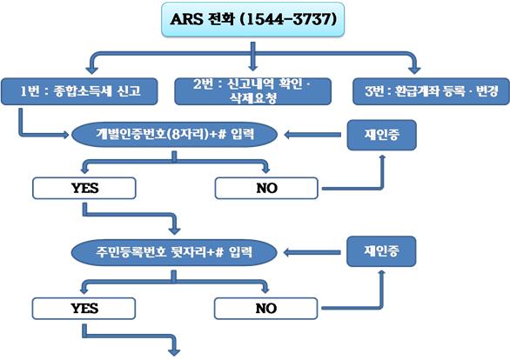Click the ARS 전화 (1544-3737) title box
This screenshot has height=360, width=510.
pos(252,19)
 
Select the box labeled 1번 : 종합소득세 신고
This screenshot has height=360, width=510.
pos(79,91)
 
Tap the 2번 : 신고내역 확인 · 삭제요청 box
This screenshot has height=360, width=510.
pos(252,91)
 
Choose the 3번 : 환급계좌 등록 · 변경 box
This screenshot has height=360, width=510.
pos(431,91)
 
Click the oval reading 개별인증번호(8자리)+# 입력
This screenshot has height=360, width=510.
pos(174,134)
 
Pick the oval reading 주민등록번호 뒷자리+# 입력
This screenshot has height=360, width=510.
pos(174,252)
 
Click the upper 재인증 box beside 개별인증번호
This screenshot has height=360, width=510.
pos(381,135)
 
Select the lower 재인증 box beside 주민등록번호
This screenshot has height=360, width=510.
pos(381,251)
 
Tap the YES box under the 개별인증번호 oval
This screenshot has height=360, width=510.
pos(84,188)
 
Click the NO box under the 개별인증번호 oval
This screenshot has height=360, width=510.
pos(266,188)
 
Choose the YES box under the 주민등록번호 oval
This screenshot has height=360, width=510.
pos(84,309)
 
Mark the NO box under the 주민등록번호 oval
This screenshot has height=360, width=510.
pos(265,309)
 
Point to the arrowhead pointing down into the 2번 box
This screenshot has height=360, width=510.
pos(252,66)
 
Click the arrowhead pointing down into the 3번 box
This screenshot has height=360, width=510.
pos(414,70)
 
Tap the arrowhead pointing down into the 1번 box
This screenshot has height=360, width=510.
pos(91,70)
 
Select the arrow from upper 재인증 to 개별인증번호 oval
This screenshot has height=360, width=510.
pos(312,135)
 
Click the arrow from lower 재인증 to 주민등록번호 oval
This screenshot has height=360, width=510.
pos(312,252)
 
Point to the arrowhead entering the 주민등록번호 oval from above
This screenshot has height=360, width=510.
pos(175,230)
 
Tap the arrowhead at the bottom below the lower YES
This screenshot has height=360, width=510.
pos(175,351)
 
